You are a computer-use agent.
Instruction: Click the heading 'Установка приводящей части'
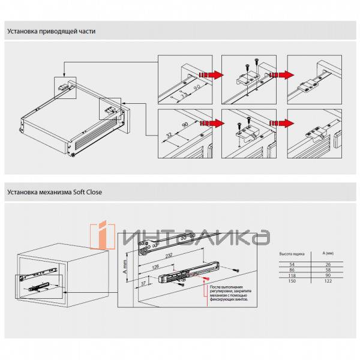tap(51, 31)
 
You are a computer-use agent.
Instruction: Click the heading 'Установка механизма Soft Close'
tap(55, 193)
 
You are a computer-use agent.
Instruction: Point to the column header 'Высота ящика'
tap(292, 254)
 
